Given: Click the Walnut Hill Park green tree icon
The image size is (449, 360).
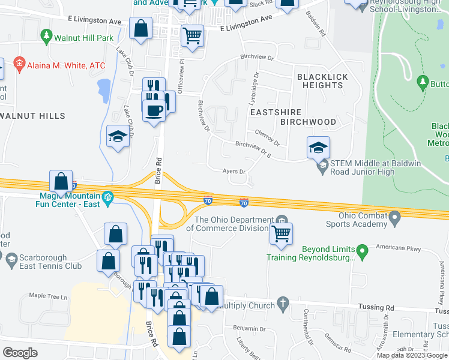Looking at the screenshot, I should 46,37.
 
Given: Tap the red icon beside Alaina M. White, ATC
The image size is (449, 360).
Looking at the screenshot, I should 19,64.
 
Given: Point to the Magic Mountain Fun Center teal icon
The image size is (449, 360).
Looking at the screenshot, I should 108,197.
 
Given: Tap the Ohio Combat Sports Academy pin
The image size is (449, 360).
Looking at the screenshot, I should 394,217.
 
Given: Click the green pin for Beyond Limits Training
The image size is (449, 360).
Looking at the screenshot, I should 361,249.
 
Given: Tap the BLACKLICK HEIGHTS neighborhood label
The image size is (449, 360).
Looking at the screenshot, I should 319,81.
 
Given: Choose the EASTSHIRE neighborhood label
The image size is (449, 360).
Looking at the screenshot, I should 274,112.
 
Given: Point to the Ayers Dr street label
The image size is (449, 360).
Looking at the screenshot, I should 234,172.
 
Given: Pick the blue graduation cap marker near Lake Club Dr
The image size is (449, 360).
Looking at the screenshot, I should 118,137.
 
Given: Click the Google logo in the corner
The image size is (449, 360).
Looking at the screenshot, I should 20,353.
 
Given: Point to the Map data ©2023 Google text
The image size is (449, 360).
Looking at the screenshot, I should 412,355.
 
